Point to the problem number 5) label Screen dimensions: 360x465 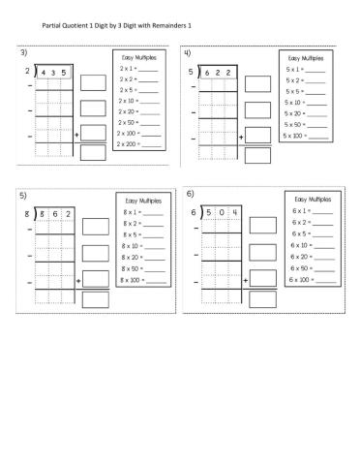point(24,196)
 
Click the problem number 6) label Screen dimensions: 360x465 point(191,196)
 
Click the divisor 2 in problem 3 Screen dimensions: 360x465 point(26,71)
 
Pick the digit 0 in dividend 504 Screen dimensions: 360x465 point(222,212)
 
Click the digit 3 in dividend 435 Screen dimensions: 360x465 point(55,71)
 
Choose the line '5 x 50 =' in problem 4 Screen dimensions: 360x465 point(303,124)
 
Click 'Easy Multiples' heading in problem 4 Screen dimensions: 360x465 point(304,57)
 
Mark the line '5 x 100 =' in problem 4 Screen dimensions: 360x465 point(303,136)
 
